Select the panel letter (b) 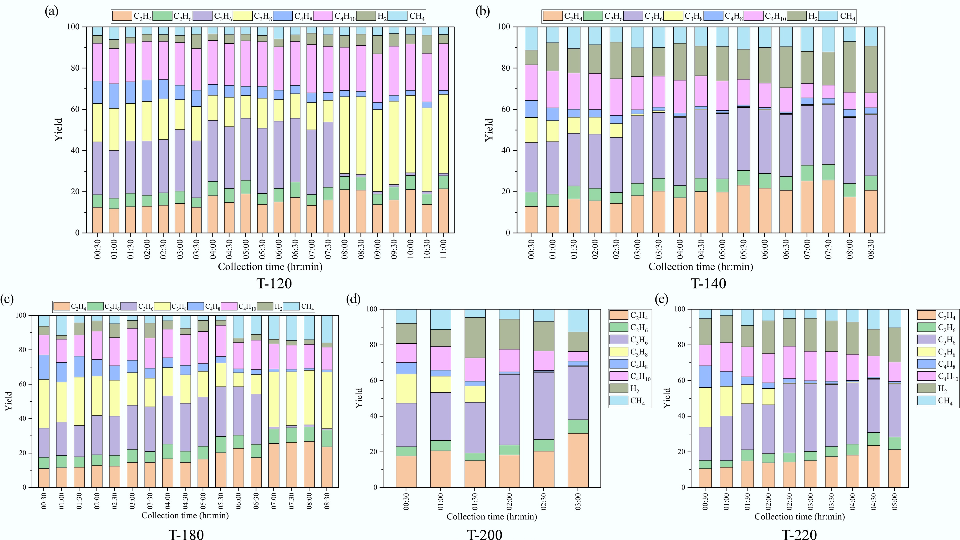(x=483, y=12)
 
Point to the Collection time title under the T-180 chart (x=185, y=515)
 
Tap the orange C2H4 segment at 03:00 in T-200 (x=578, y=460)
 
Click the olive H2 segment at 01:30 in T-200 (x=475, y=338)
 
